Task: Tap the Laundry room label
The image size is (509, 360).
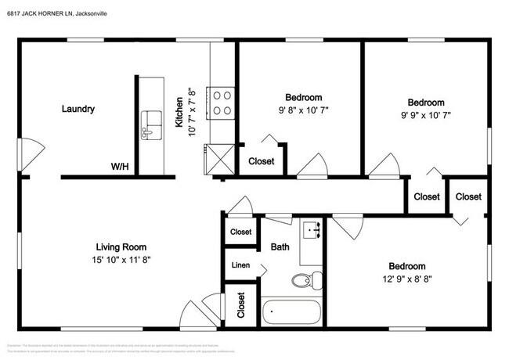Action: pyautogui.click(x=78, y=109)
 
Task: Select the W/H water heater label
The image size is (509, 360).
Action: pyautogui.click(x=120, y=167)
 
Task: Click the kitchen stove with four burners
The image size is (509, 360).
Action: pyautogui.click(x=222, y=103)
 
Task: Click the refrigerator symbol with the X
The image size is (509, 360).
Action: pyautogui.click(x=220, y=159)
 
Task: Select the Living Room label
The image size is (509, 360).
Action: pyautogui.click(x=121, y=247)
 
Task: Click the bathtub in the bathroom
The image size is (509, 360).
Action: pyautogui.click(x=291, y=313)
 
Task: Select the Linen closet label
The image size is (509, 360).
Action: pyautogui.click(x=240, y=266)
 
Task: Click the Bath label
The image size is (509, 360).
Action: pyautogui.click(x=280, y=247)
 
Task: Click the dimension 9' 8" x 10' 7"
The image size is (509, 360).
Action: pyautogui.click(x=301, y=110)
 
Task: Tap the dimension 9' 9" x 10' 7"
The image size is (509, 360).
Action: pyautogui.click(x=425, y=115)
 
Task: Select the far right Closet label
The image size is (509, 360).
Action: pyautogui.click(x=468, y=196)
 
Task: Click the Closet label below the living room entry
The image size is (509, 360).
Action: pyautogui.click(x=241, y=308)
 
